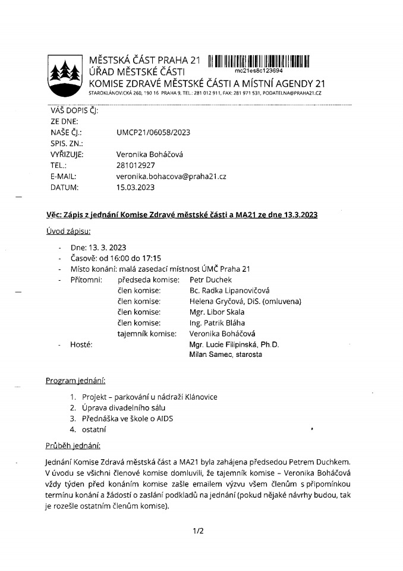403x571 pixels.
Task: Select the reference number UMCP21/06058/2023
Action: tap(153, 132)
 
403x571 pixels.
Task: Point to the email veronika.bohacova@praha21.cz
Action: tap(171, 177)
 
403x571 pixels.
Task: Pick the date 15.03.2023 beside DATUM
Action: tap(136, 188)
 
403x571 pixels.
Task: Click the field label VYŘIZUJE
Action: tap(67, 155)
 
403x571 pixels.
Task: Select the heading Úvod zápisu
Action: tap(68, 231)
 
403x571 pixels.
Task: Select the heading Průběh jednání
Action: tap(73, 445)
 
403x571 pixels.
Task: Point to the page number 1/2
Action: tap(198, 531)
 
